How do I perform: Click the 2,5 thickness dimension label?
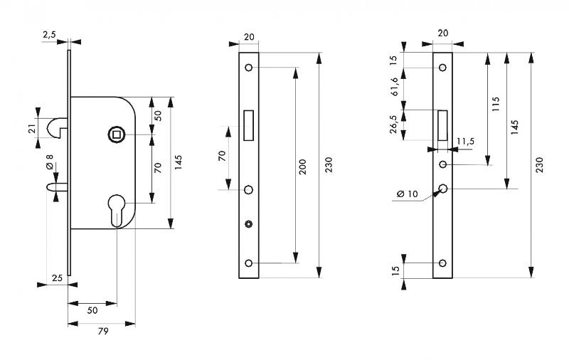click(49, 34)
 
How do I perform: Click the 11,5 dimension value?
click(466, 142)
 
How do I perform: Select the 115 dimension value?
click(496, 105)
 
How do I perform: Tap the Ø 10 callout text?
click(408, 194)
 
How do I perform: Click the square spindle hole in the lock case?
click(115, 133)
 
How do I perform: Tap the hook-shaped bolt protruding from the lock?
click(56, 127)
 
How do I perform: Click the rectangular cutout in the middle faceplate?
click(248, 123)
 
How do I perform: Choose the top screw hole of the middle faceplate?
click(248, 68)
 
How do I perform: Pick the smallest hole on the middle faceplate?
click(248, 225)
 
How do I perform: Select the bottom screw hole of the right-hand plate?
click(442, 263)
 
